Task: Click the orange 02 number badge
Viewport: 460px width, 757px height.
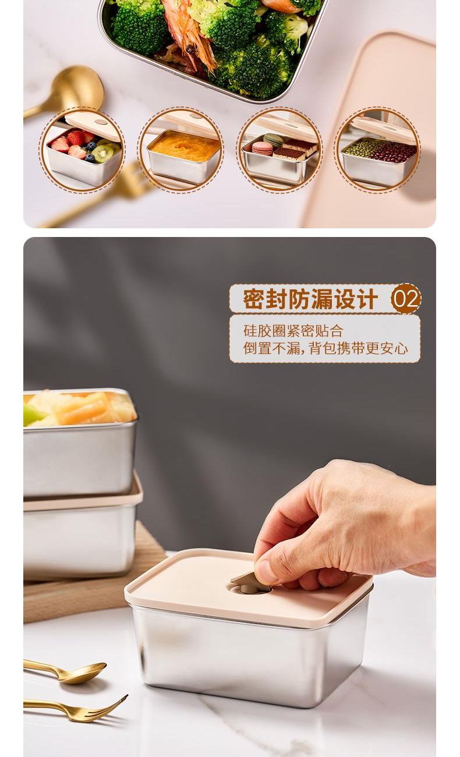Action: tap(406, 299)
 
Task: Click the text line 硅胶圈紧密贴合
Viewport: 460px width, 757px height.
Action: tap(293, 331)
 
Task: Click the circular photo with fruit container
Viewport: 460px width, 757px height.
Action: tap(83, 150)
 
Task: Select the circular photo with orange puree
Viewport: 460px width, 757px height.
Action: tap(181, 150)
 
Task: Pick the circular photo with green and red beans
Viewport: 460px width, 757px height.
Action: tap(377, 150)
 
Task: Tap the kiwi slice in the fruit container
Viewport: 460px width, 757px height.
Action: tap(102, 154)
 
